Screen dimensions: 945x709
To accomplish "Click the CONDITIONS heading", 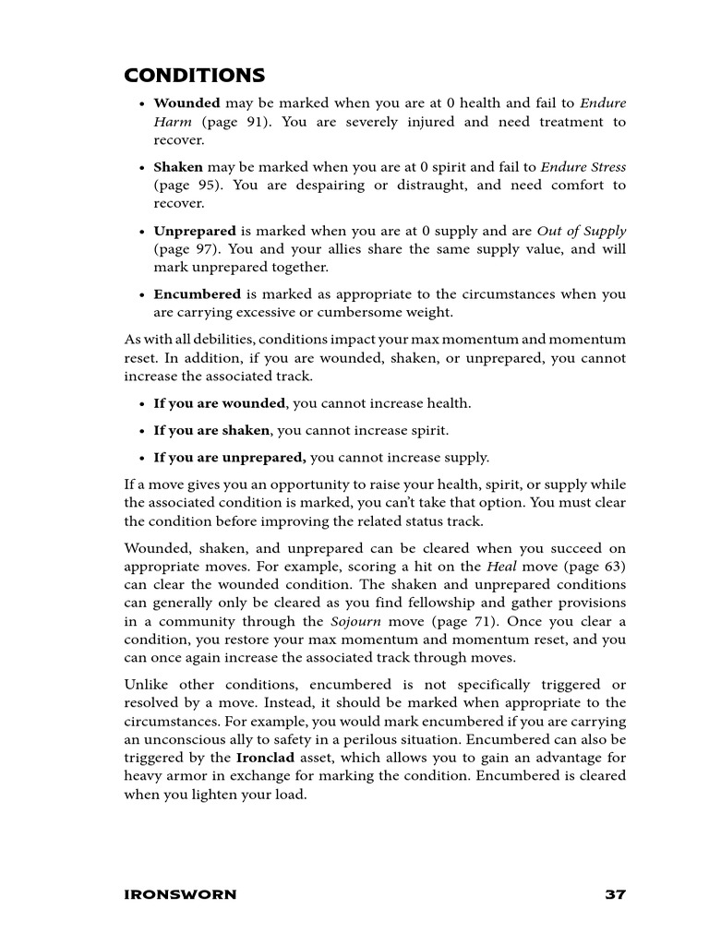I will [195, 75].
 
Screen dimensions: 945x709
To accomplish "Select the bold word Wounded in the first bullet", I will [186, 103].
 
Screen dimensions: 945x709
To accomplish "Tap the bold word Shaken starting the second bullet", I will [178, 167].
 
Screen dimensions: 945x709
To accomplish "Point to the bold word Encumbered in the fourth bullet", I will [197, 294].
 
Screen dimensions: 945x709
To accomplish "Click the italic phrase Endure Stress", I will [583, 167].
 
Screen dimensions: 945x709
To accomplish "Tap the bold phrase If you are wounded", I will [220, 403].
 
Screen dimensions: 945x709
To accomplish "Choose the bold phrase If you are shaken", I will [211, 431].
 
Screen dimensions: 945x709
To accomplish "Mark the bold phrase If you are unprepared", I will [229, 458].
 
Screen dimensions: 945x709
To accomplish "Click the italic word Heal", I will [501, 567].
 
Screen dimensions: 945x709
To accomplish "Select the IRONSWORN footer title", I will [180, 894].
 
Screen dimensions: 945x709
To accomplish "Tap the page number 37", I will [615, 894].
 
